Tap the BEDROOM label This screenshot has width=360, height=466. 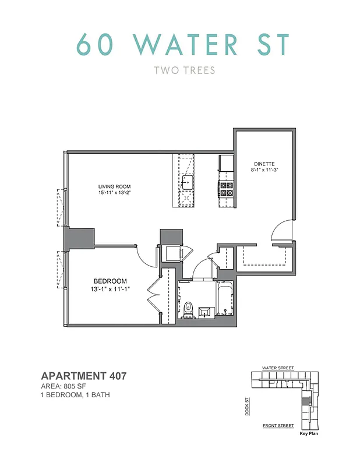(110, 281)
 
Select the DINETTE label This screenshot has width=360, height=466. (264, 164)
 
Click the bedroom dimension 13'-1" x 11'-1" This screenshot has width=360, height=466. (110, 289)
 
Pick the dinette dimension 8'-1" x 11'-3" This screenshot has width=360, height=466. (264, 171)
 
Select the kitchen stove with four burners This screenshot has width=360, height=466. (225, 189)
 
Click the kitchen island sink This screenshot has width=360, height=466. (187, 182)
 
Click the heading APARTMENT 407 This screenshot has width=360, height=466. (83, 376)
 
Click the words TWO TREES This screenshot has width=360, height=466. (180, 70)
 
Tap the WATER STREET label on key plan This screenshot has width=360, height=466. (278, 368)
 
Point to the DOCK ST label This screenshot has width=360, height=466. (247, 405)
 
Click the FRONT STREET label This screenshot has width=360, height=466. (278, 426)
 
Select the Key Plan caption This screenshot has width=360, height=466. (309, 434)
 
